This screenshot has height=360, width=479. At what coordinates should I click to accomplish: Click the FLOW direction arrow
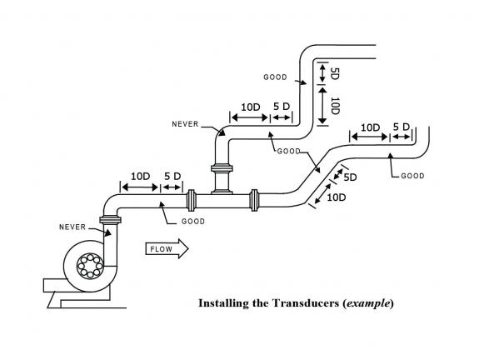point(167,249)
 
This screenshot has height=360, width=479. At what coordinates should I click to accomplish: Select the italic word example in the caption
point(368,303)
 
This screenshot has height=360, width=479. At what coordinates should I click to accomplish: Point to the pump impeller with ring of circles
point(90,266)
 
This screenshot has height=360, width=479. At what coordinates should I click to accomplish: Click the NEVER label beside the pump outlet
point(72,227)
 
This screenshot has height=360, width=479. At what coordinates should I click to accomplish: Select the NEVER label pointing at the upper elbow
point(185,124)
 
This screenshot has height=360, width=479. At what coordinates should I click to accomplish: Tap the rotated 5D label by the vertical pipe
point(335,73)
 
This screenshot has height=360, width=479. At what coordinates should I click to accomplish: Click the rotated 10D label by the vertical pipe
point(335,106)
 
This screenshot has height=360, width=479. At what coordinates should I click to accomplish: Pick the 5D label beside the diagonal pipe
point(350,177)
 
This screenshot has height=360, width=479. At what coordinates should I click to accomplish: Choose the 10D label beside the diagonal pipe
point(337,197)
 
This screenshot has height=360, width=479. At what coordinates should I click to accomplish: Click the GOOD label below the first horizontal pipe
point(193,222)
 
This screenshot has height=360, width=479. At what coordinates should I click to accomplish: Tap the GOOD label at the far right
point(412,176)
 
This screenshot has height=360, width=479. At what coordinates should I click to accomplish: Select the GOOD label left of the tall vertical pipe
point(275,77)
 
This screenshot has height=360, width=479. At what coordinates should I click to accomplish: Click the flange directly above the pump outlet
point(110,220)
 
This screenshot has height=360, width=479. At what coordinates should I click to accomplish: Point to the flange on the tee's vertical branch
point(222,168)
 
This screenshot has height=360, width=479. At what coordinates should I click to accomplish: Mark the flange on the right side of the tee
point(254,200)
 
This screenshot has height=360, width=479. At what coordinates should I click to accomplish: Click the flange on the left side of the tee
point(192,200)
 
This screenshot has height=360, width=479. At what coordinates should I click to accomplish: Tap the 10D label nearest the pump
point(141,177)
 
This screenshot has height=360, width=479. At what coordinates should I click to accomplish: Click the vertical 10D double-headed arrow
point(322,106)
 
